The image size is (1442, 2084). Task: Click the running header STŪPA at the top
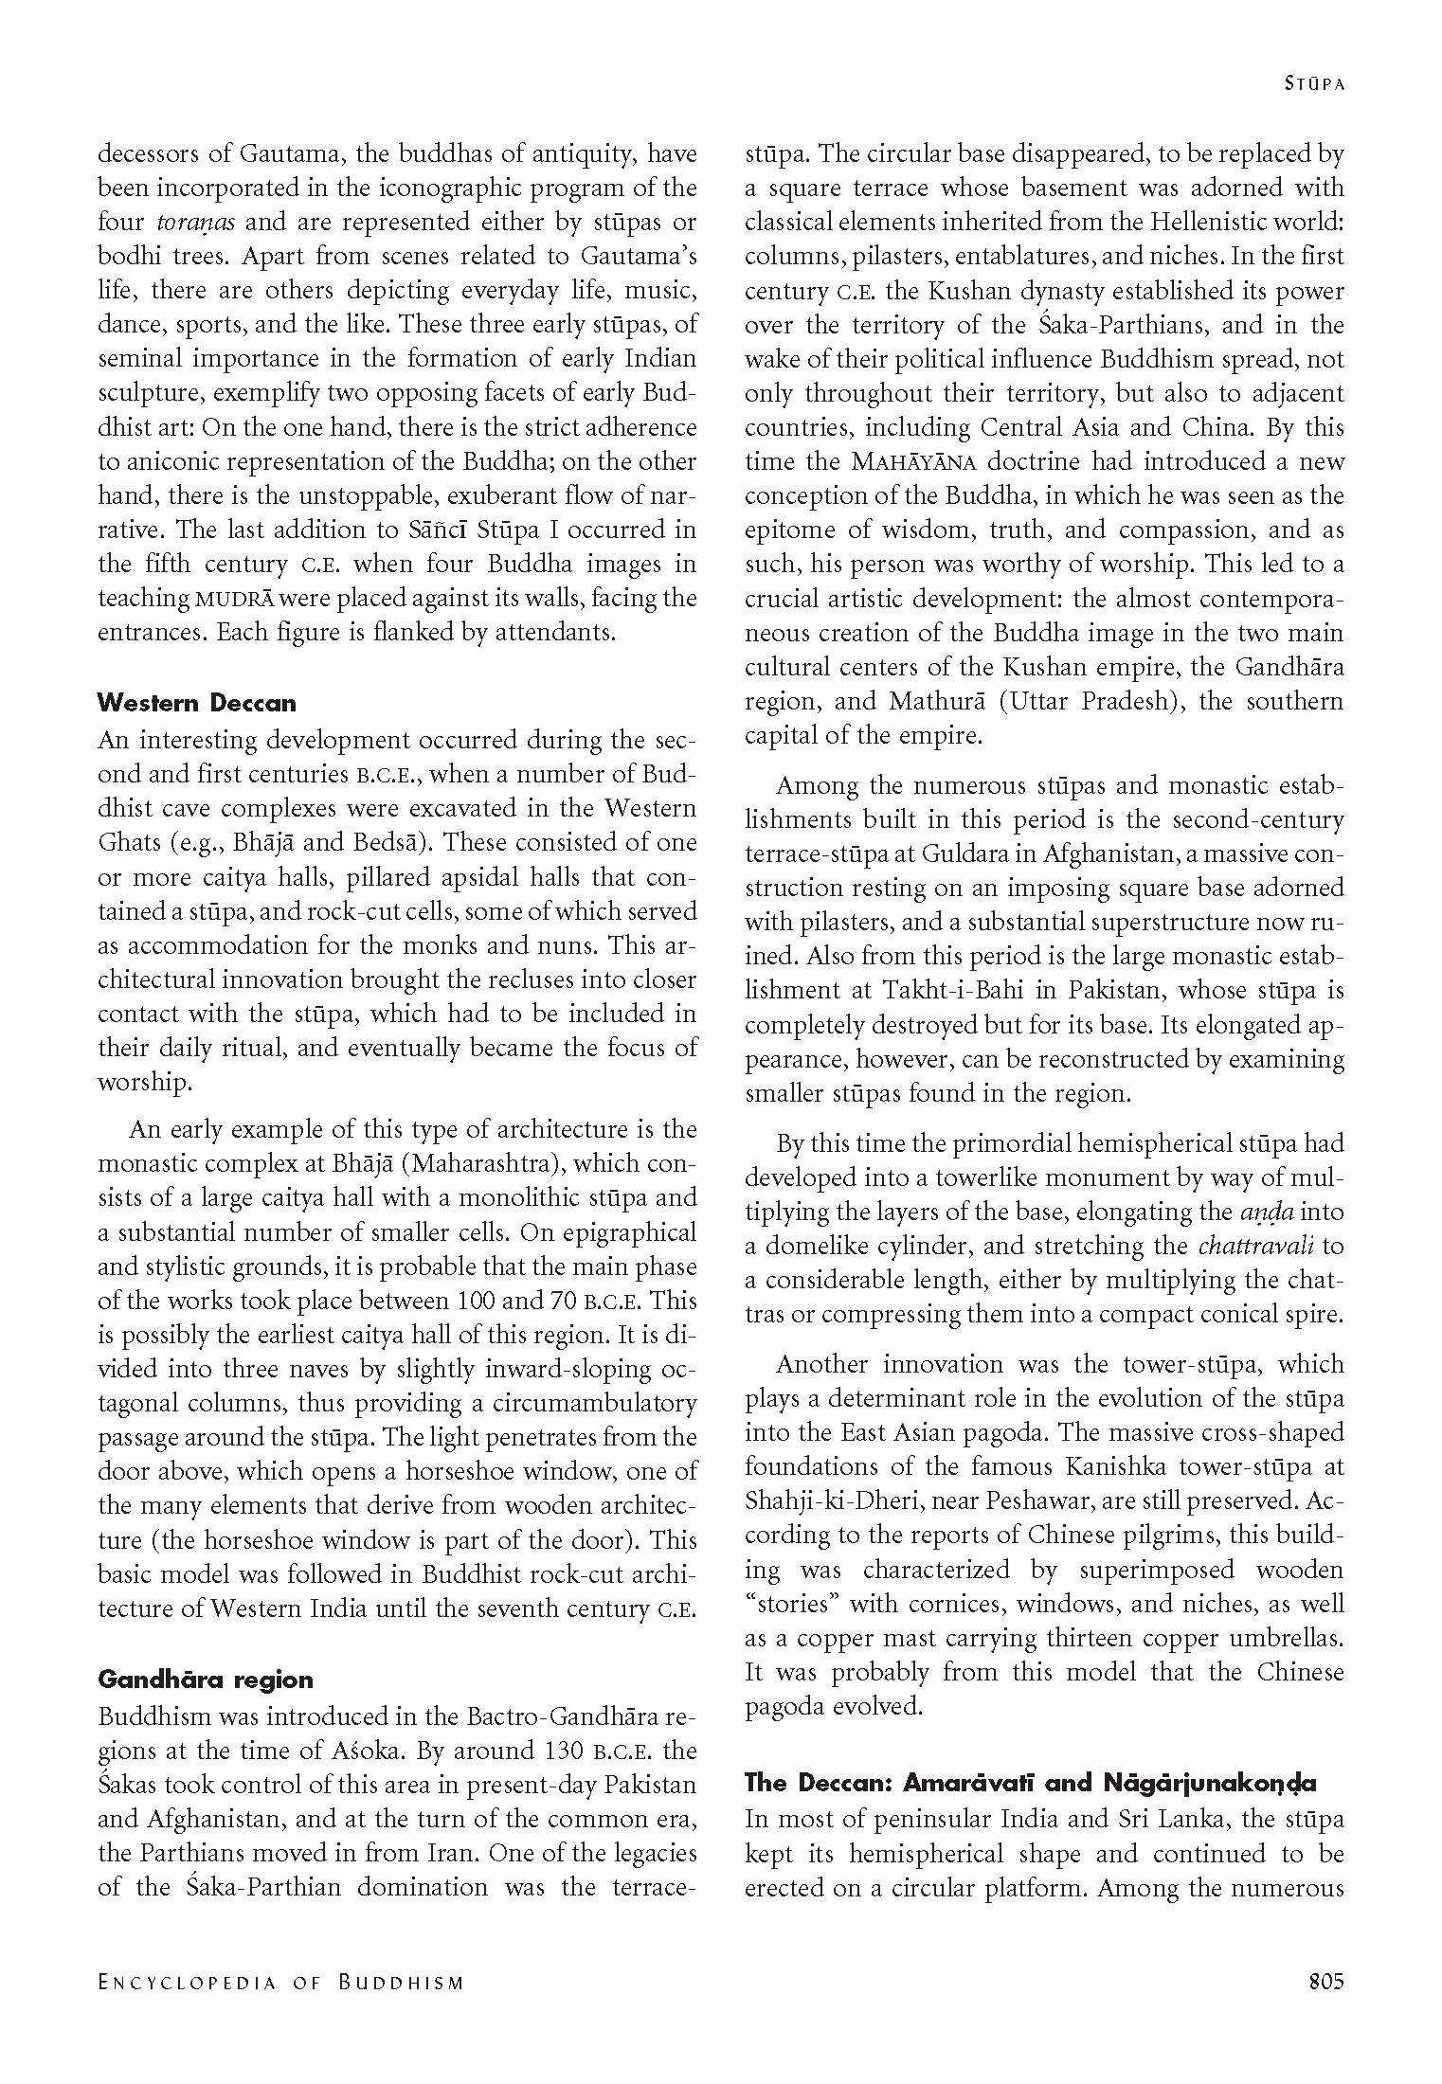[x=1315, y=83]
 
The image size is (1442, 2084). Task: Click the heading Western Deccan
[x=197, y=703]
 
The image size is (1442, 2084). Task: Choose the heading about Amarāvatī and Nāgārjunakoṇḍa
[x=1030, y=1783]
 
